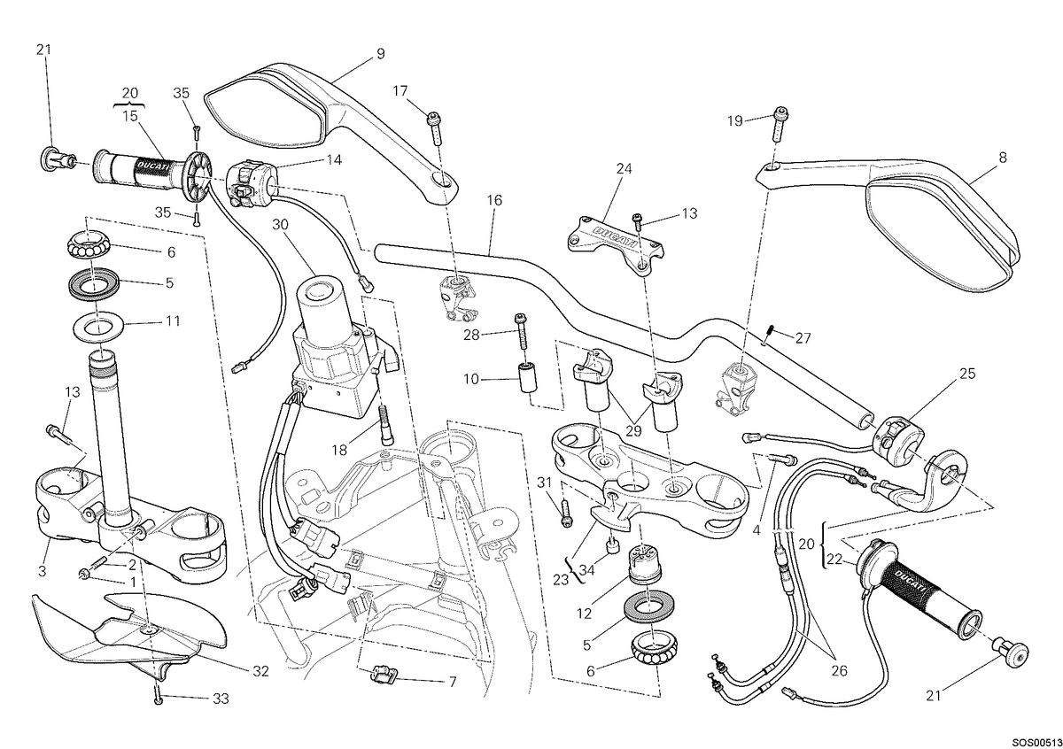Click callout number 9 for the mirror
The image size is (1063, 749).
tap(381, 54)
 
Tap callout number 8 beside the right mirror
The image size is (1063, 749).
tap(1002, 157)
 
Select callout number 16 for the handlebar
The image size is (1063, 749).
tap(494, 200)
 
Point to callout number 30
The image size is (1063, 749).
tap(281, 224)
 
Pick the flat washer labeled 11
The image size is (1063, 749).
tap(98, 327)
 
